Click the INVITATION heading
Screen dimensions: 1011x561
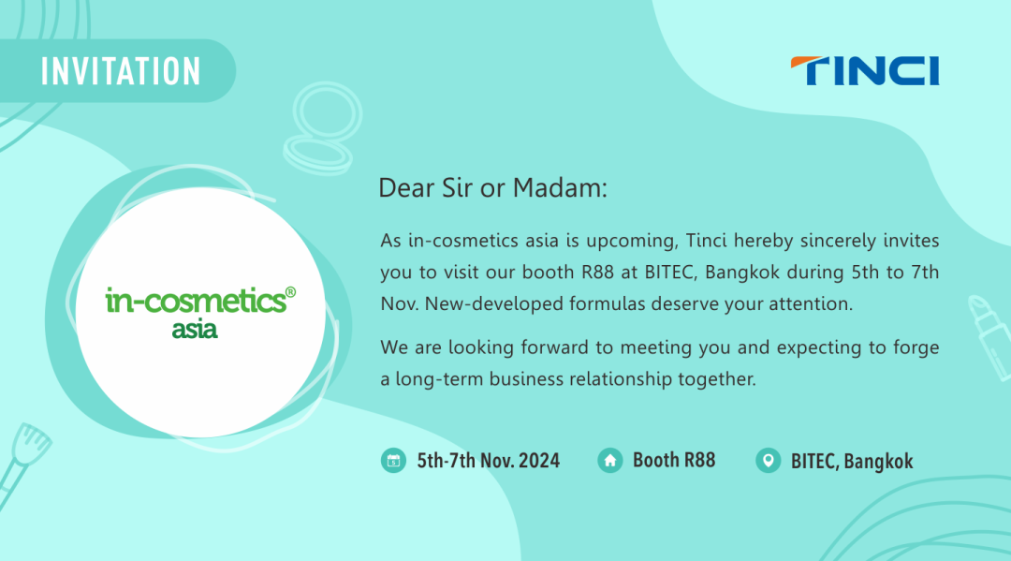tap(121, 71)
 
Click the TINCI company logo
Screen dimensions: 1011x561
tap(865, 71)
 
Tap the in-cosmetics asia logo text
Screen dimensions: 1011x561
tap(200, 313)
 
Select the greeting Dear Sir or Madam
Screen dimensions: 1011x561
tap(492, 188)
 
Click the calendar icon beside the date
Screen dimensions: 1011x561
tap(393, 461)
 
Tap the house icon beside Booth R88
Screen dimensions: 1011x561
tap(610, 461)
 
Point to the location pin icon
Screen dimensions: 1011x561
tap(768, 461)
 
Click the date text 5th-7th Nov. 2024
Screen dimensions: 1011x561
tap(488, 461)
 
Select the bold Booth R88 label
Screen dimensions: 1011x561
tap(674, 461)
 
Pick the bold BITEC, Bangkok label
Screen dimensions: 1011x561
tap(852, 462)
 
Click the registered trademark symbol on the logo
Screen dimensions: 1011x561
tap(291, 292)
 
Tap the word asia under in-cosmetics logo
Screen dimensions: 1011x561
tap(195, 330)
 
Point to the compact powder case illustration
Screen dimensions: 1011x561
tap(322, 128)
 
